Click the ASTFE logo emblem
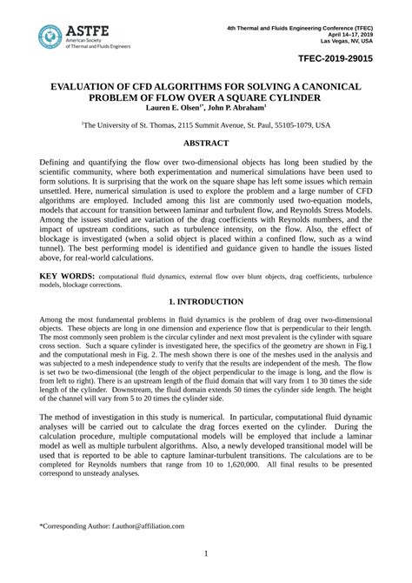tap(50, 37)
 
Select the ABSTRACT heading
tap(206, 142)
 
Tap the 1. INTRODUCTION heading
tap(206, 301)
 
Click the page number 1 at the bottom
tap(206, 554)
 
